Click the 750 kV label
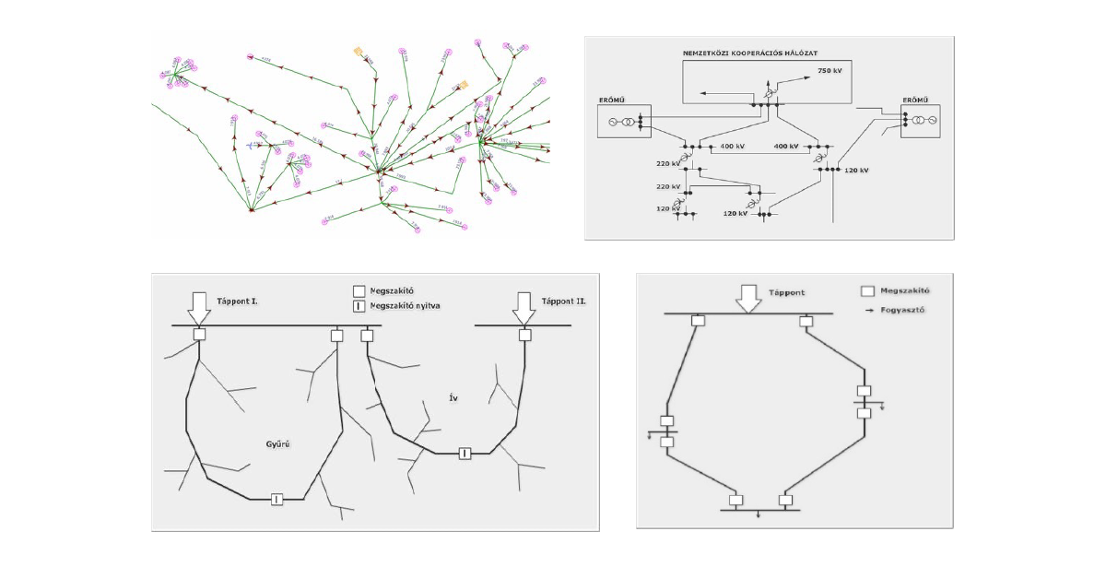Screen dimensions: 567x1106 point(829,70)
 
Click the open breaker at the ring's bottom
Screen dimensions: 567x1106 point(276,499)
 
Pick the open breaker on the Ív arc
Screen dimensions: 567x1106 point(465,453)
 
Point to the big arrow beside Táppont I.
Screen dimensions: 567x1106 point(199,307)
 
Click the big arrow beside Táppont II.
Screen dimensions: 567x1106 point(524,307)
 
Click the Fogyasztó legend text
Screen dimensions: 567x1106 point(902,310)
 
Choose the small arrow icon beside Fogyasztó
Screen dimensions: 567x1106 point(869,311)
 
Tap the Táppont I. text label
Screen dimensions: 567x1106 point(238,301)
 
